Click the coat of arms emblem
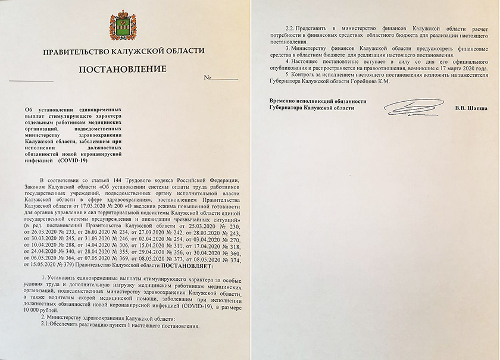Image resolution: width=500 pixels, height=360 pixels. point(123,27)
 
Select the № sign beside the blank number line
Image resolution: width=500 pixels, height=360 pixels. point(207,79)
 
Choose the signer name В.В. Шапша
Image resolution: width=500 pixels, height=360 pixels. point(470,108)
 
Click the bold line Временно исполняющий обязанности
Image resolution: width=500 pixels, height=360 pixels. point(318,101)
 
